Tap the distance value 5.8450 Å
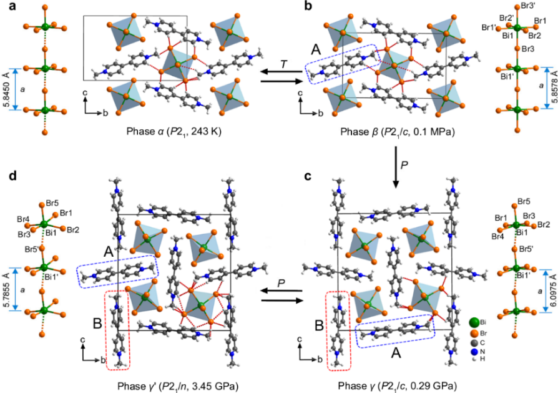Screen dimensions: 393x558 pos(7,89)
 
